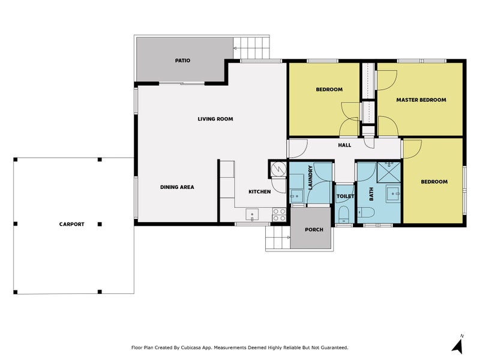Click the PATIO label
[182, 61]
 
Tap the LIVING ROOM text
[215, 119]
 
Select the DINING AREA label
[177, 187]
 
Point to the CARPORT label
[71, 224]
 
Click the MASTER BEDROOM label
[421, 100]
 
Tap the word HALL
[344, 145]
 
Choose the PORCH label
[314, 230]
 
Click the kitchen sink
[253, 212]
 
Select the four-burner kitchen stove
[279, 212]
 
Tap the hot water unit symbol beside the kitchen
[277, 170]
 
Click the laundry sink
[296, 194]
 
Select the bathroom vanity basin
[393, 194]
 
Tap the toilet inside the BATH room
[365, 212]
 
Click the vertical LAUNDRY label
[311, 178]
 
